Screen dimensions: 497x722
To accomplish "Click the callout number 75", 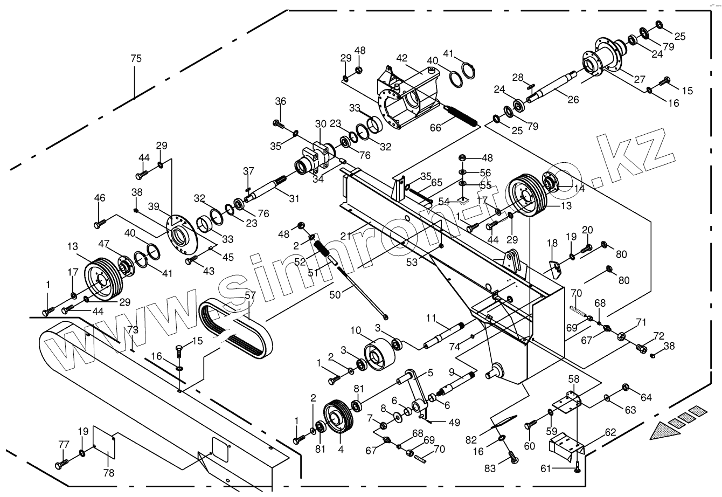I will pos(136,58).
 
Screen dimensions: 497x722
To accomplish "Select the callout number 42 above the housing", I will pos(402,58).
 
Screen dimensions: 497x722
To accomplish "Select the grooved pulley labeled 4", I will pos(338,418).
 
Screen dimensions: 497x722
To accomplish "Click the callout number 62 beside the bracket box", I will pos(609,432).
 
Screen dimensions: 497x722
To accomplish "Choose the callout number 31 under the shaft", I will pos(293,198).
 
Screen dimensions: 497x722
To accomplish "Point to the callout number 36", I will pos(281,101).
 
